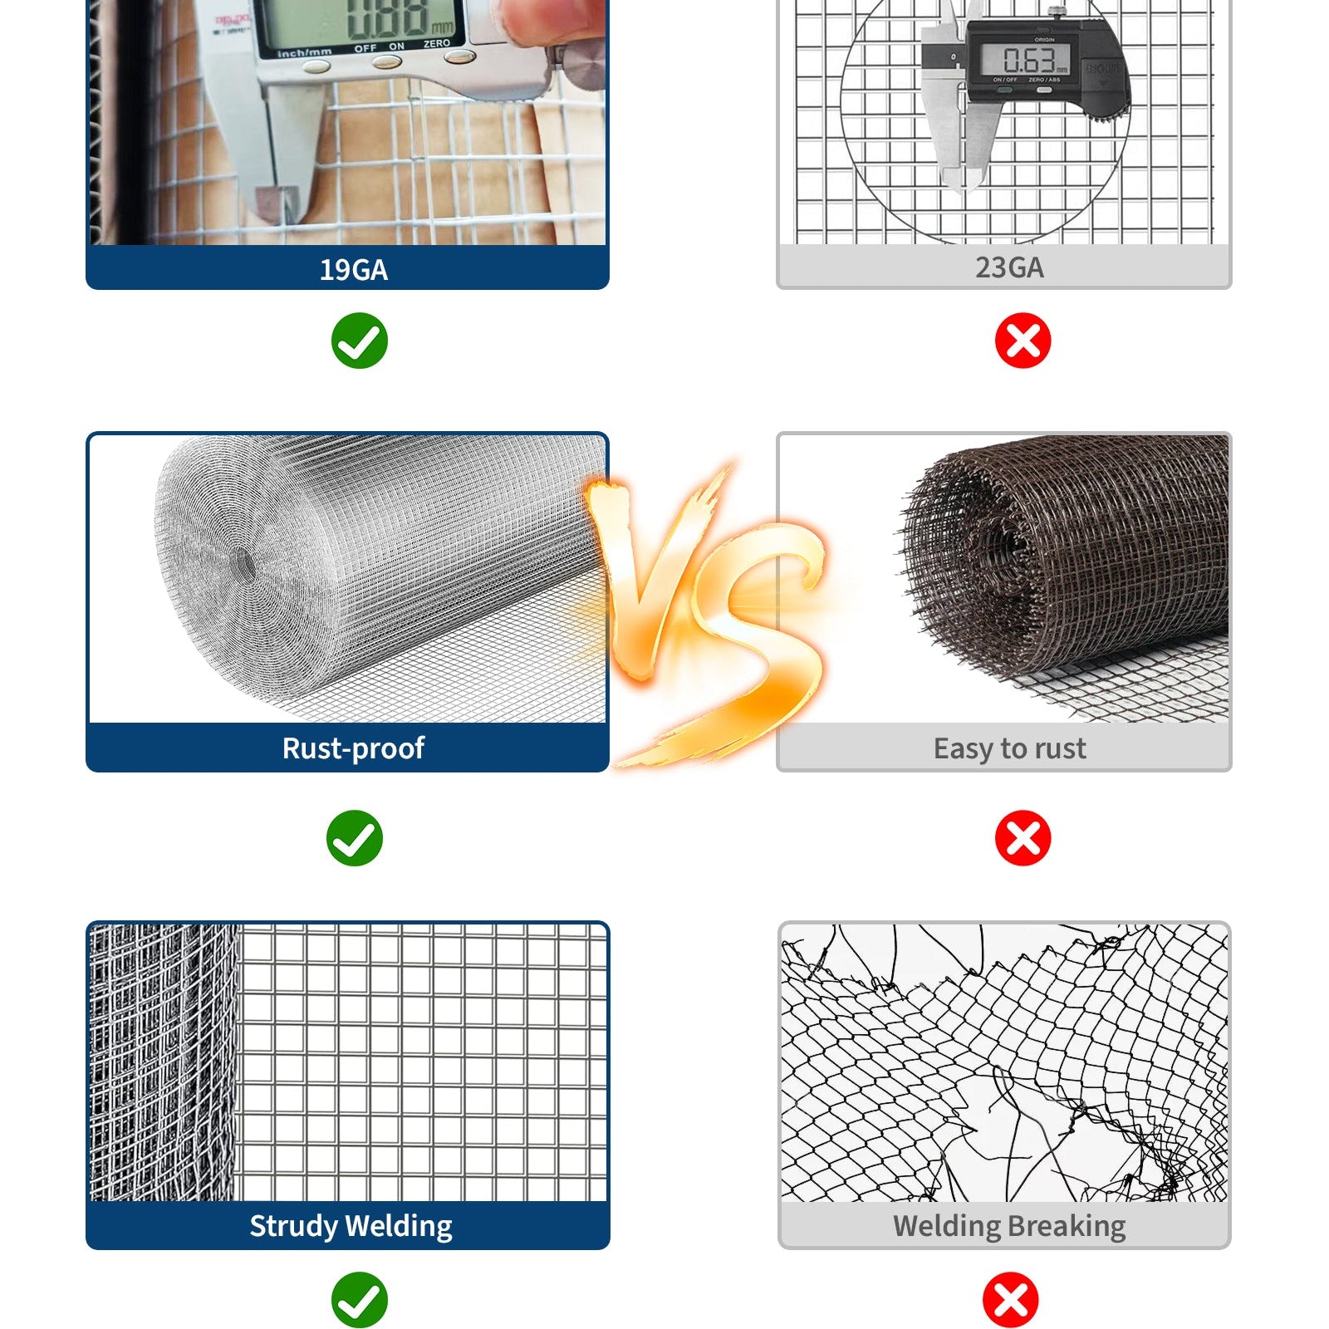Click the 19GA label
tap(353, 270)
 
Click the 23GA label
tap(1008, 267)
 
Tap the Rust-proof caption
tap(353, 748)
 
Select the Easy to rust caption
tap(1008, 748)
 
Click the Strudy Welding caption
tap(351, 1226)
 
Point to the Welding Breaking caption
tap(1008, 1226)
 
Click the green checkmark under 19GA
tap(359, 341)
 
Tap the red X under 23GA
tap(1022, 341)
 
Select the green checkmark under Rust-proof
tap(355, 838)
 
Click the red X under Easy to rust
tap(1022, 838)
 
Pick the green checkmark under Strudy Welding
tap(359, 1299)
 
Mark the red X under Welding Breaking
tap(1010, 1299)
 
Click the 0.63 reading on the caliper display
tap(1028, 60)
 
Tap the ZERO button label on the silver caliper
tap(437, 43)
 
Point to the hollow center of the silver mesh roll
tap(247, 565)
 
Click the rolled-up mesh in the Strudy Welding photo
tap(162, 1063)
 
